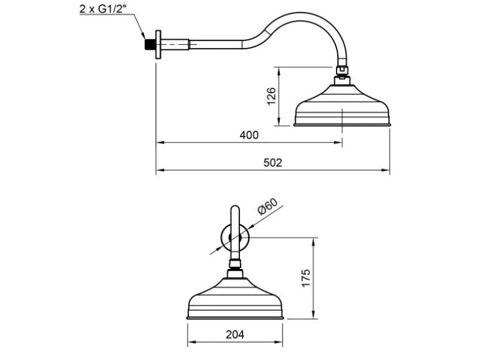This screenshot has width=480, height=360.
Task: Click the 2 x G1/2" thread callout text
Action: pyautogui.click(x=103, y=9)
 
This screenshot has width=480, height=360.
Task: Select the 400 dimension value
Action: pyautogui.click(x=249, y=135)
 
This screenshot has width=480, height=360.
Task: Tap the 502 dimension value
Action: pyautogui.click(x=273, y=163)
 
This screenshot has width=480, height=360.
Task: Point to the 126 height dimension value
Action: pyautogui.click(x=272, y=97)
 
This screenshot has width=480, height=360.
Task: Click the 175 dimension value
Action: pyautogui.click(x=306, y=278)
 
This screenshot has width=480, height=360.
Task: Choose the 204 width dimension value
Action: pyautogui.click(x=235, y=334)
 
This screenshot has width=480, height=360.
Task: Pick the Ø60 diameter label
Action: pyautogui.click(x=268, y=206)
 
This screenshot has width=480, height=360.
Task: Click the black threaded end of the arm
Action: pyautogui.click(x=149, y=44)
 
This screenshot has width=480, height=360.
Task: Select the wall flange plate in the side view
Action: pyautogui.click(x=158, y=44)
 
